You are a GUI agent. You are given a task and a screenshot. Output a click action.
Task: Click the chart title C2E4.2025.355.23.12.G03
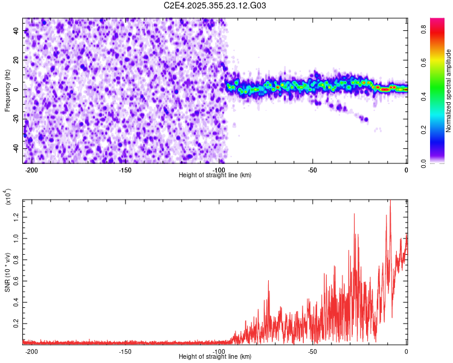pos(215,5)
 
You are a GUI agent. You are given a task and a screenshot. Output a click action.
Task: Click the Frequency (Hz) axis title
pos(7,90)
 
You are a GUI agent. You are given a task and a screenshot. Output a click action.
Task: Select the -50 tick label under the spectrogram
pos(312,170)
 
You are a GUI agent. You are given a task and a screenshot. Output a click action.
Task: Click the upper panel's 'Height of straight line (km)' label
pos(215,175)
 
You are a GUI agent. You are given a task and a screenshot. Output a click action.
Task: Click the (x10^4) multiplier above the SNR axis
pos(8,197)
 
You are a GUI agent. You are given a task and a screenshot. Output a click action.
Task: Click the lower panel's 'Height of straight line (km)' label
pos(215,357)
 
